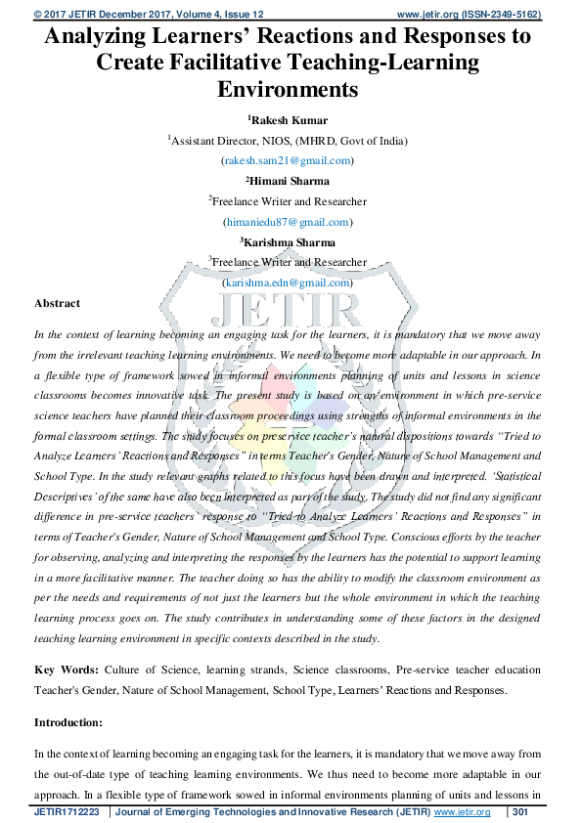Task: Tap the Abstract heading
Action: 58,303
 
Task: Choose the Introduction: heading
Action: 68,722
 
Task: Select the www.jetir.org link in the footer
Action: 462,812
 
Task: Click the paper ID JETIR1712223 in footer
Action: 67,812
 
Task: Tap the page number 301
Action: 520,812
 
